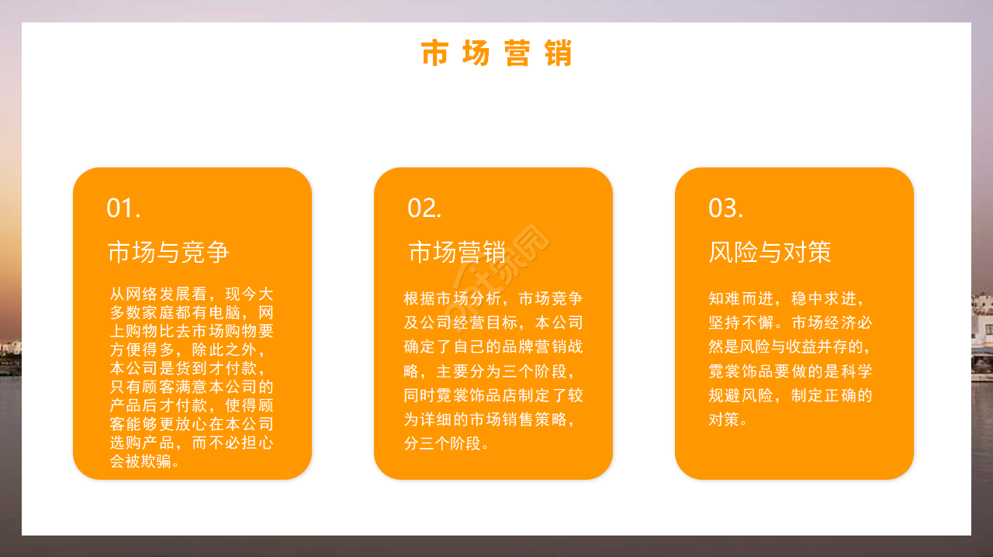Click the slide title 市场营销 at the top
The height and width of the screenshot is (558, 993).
[496, 54]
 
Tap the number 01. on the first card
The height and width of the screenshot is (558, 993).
[123, 208]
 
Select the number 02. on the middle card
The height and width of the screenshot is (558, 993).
[424, 208]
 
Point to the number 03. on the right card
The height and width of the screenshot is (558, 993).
[725, 208]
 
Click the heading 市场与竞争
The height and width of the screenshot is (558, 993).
[168, 252]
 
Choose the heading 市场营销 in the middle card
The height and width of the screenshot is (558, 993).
[457, 252]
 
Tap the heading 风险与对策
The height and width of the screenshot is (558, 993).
[770, 252]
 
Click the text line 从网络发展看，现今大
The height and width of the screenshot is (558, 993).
[192, 294]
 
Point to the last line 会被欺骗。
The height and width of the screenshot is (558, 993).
[146, 462]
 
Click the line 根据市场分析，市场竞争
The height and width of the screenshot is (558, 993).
[493, 298]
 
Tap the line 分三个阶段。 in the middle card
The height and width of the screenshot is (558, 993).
[447, 444]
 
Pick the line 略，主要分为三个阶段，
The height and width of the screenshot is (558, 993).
[493, 371]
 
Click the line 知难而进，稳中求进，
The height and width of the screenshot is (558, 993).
[785, 298]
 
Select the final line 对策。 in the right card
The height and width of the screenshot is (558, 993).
[728, 420]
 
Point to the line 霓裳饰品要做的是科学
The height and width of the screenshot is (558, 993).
[790, 371]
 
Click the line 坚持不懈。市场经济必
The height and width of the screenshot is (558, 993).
[790, 322]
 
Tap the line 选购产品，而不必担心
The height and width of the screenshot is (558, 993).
[192, 443]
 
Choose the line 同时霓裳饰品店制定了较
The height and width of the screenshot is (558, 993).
[493, 395]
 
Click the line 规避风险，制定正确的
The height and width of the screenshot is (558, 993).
[790, 395]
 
